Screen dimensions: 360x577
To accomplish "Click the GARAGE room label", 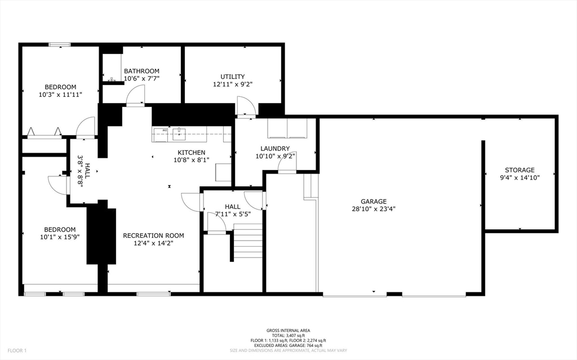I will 374,201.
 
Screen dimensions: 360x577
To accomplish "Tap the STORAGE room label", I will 520,170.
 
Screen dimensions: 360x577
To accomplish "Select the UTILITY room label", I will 232,77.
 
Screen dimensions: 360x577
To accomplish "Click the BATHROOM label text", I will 141,71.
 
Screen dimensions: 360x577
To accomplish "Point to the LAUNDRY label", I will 275,149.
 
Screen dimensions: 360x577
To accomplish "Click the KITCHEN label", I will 192,152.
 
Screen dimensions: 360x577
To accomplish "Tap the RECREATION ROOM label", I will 153,235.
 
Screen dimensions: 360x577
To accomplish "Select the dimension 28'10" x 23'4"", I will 374,208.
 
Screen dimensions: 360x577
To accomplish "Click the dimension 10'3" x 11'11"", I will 60,94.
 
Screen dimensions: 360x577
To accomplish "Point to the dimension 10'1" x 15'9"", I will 60,237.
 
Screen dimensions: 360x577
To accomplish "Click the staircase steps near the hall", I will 248,241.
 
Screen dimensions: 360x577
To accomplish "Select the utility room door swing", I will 246,107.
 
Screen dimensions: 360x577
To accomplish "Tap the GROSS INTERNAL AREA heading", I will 288,331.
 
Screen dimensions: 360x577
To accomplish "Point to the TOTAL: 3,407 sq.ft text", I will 288,336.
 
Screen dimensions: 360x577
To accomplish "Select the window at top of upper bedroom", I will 59,45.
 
